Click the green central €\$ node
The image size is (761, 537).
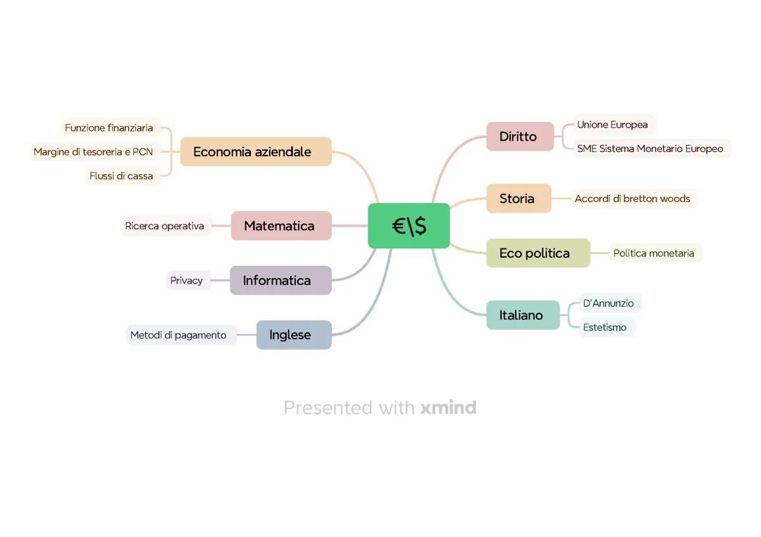409,226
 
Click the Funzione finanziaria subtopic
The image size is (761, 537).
109,128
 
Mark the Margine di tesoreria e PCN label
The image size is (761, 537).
94,152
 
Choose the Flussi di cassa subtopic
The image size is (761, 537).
121,176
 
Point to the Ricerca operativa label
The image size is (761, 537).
165,226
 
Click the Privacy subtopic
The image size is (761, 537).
187,280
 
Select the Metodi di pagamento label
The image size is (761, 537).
179,335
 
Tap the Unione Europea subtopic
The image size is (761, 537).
613,125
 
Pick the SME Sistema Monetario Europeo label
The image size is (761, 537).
650,149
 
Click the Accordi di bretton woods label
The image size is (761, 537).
633,198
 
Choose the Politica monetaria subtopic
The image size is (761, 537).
654,253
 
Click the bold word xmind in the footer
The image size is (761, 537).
448,408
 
